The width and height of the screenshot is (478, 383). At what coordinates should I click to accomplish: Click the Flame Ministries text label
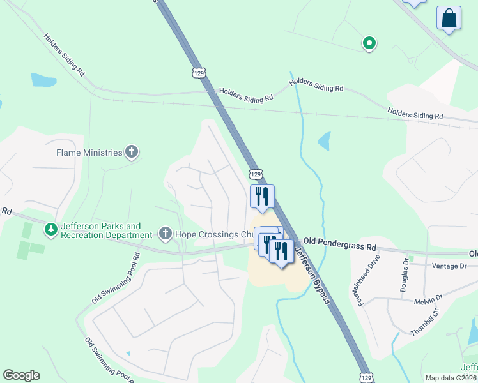tap(88, 153)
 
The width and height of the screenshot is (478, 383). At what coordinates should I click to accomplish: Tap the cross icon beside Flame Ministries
tap(132, 152)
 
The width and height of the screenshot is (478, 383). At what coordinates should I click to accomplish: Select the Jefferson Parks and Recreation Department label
tap(100, 230)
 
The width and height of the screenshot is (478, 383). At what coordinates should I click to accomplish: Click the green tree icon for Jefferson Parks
tap(50, 228)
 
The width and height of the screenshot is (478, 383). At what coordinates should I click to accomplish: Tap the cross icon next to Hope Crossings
tap(165, 234)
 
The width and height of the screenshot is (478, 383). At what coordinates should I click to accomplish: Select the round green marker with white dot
tap(369, 43)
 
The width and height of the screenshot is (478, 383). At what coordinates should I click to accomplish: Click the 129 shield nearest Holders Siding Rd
tap(199, 72)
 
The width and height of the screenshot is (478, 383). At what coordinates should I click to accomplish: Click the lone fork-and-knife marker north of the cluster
tap(262, 197)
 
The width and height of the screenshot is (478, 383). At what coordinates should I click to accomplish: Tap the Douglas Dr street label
tap(405, 275)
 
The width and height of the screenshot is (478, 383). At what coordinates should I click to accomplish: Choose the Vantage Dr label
tap(450, 266)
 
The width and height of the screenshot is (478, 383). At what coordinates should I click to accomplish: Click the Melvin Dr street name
tap(429, 301)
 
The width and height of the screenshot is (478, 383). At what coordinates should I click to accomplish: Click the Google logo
tap(21, 375)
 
